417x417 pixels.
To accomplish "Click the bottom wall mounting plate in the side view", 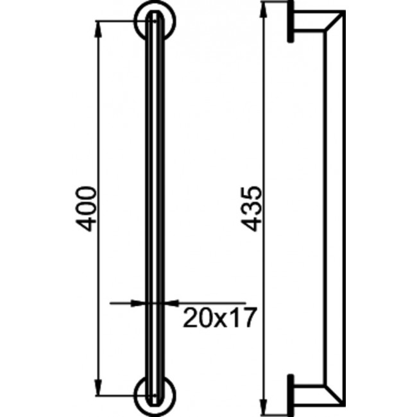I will point(291,389).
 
